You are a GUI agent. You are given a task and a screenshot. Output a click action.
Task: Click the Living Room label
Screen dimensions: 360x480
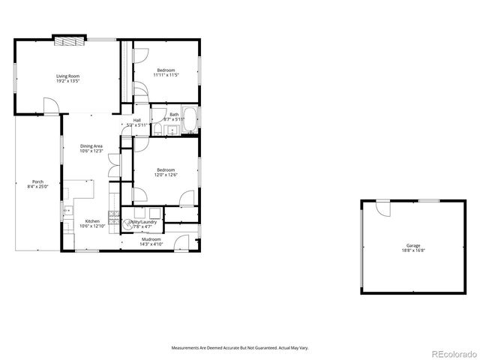67,76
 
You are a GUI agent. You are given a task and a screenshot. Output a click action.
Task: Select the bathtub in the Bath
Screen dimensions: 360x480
190,120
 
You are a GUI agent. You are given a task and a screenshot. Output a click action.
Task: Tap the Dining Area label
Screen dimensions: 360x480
91,145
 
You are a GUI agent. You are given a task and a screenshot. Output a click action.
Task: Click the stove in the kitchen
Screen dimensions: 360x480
115,218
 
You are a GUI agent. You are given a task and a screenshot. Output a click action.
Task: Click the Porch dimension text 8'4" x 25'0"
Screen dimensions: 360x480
37,186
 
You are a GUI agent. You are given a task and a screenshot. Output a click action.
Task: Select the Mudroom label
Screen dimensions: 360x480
151,239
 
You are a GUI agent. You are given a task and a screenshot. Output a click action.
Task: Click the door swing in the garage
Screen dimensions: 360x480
383,208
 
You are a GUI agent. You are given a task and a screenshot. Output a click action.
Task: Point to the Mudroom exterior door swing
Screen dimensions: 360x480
183,242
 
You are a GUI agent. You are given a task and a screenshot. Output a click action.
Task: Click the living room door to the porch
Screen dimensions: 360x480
49,106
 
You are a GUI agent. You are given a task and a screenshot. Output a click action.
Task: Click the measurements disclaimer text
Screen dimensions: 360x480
240,347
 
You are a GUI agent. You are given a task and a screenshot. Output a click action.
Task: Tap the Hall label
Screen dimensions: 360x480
137,120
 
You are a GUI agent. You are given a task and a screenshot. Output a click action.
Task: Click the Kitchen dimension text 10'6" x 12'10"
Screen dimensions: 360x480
91,225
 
